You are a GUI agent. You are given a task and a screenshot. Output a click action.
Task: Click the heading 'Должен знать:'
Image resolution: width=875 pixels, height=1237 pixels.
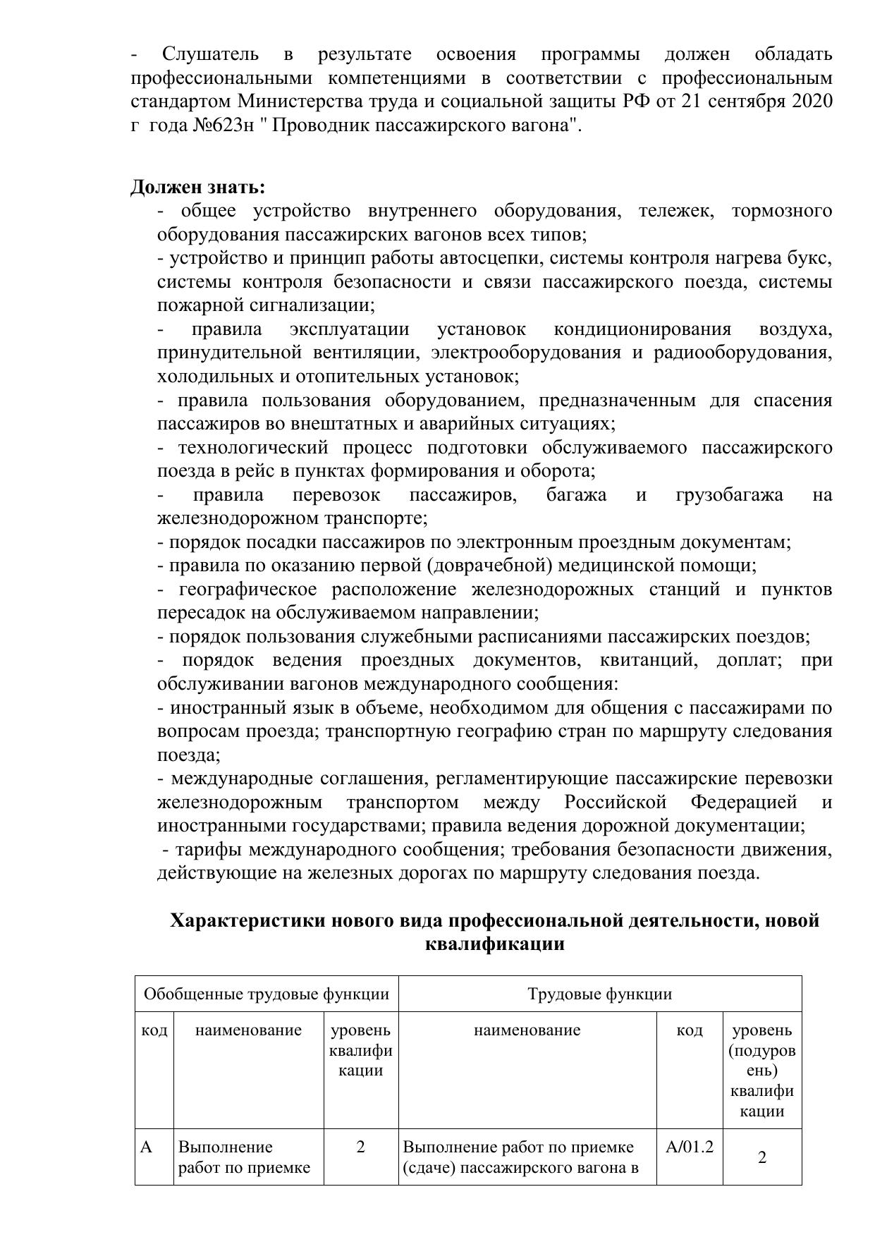[x=198, y=188]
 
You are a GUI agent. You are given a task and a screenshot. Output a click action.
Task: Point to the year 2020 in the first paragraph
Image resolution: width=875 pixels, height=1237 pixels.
[x=812, y=102]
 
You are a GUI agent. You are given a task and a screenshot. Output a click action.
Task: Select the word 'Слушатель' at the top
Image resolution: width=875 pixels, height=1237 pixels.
[x=210, y=54]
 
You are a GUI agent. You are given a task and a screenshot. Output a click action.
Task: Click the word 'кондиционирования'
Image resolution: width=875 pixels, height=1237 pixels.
[x=642, y=329]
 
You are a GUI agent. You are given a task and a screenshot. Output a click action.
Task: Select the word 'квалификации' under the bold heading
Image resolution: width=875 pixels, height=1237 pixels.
[x=495, y=944]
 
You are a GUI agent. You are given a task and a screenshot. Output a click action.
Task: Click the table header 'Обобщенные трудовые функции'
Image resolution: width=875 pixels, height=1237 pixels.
[x=267, y=994]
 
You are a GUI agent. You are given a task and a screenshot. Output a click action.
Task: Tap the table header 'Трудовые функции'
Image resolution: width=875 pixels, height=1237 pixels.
[x=599, y=994]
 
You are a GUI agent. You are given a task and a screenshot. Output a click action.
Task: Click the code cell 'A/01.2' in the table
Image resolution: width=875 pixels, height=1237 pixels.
[x=690, y=1147]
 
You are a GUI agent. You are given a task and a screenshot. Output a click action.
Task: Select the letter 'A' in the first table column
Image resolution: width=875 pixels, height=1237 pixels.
[x=147, y=1147]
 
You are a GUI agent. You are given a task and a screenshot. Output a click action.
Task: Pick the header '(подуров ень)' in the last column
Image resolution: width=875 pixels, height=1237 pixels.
[x=762, y=1061]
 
